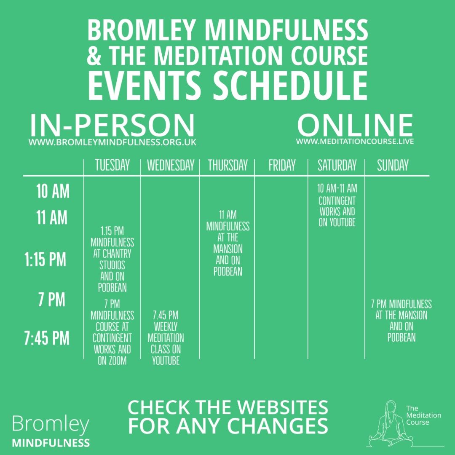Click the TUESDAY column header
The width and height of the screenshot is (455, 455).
(112, 165)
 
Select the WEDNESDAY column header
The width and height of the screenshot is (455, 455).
(171, 165)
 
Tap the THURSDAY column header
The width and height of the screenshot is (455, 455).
(228, 165)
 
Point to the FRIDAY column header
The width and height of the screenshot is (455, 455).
(282, 165)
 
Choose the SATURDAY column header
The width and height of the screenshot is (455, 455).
(337, 165)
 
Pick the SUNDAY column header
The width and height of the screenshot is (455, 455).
(393, 165)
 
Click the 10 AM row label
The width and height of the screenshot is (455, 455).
(53, 192)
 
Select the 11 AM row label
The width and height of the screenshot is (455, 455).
(52, 218)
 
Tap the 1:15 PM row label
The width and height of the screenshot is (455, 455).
(45, 259)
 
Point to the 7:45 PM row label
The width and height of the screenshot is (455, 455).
(47, 338)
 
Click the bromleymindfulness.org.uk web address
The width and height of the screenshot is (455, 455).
(112, 142)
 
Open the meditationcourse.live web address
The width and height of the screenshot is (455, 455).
(355, 141)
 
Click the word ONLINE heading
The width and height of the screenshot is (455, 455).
(355, 125)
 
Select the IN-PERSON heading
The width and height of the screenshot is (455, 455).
(112, 126)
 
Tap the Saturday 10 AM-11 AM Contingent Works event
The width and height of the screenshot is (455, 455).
(337, 205)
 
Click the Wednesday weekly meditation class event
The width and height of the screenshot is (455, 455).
(166, 338)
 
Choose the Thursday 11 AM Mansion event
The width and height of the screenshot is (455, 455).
(228, 243)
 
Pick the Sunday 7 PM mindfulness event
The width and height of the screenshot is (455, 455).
(401, 321)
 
